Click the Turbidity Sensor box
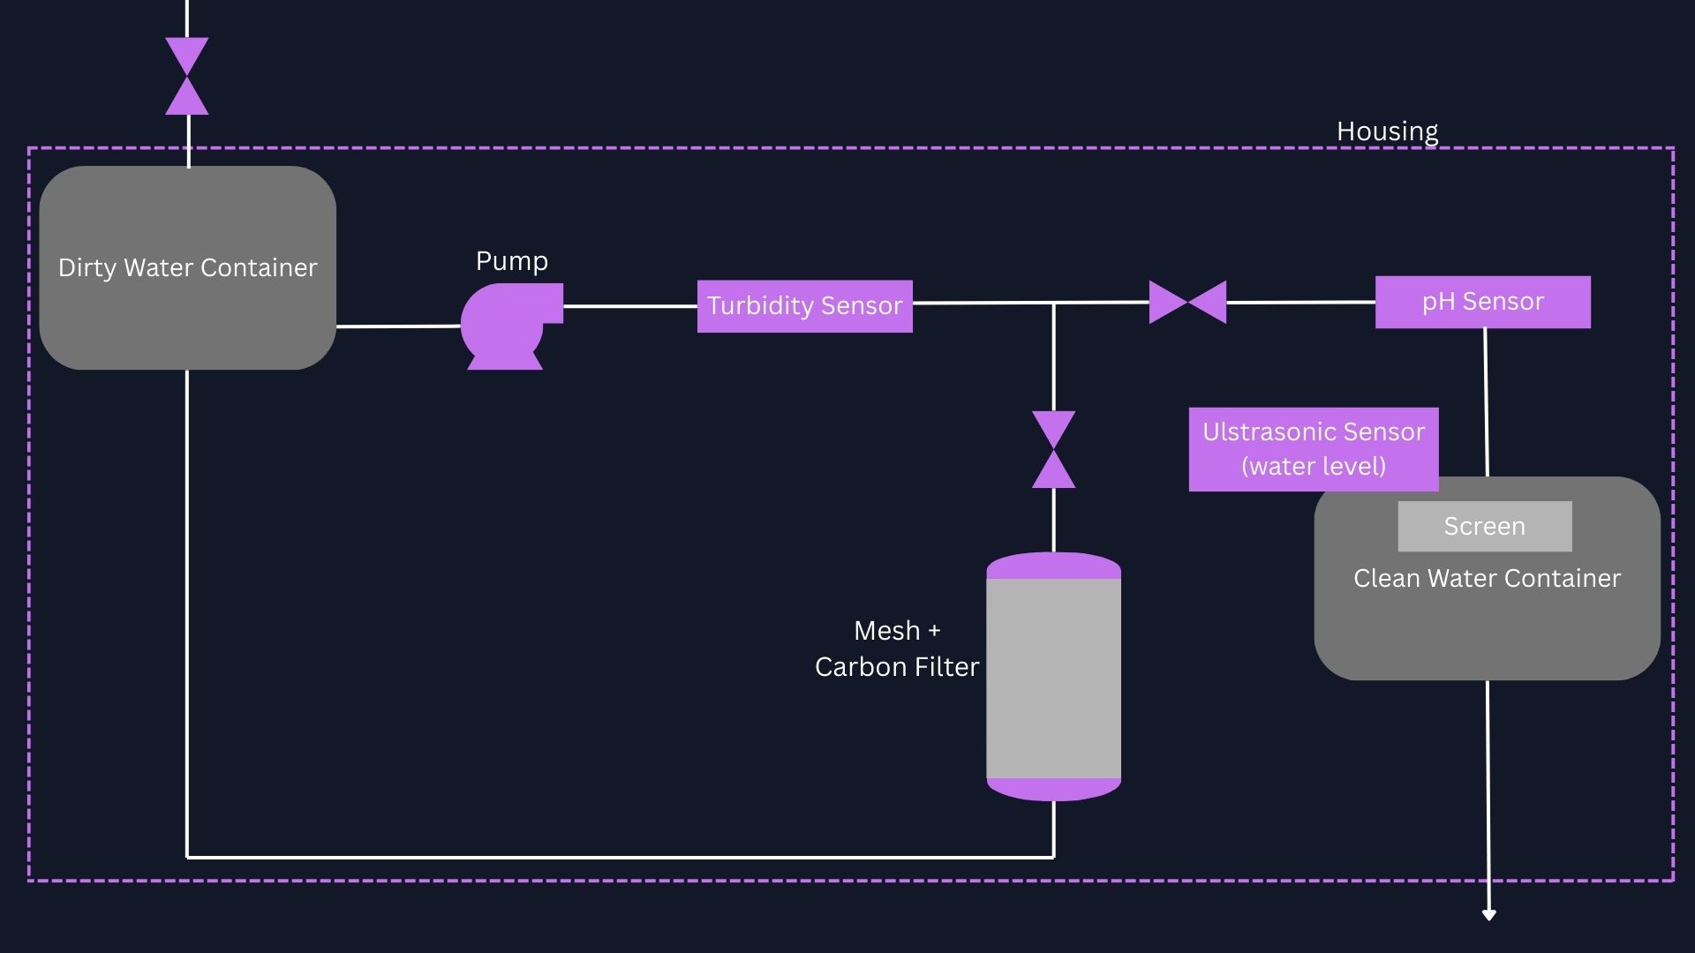804,306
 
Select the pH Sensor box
1482,302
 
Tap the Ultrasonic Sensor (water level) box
1313,448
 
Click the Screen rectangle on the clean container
1484,526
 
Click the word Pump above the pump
512,261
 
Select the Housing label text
1387,131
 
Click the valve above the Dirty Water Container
187,76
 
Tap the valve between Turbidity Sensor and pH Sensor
1187,303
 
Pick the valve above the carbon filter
1053,449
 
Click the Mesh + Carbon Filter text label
897,649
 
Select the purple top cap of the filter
1053,566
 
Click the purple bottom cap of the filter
1053,789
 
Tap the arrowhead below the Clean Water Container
1488,915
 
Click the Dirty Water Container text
187,267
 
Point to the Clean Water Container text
1487,578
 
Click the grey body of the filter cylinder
1053,678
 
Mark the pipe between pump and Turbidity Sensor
629,306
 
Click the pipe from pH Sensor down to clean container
1486,401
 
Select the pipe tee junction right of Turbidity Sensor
1053,304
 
